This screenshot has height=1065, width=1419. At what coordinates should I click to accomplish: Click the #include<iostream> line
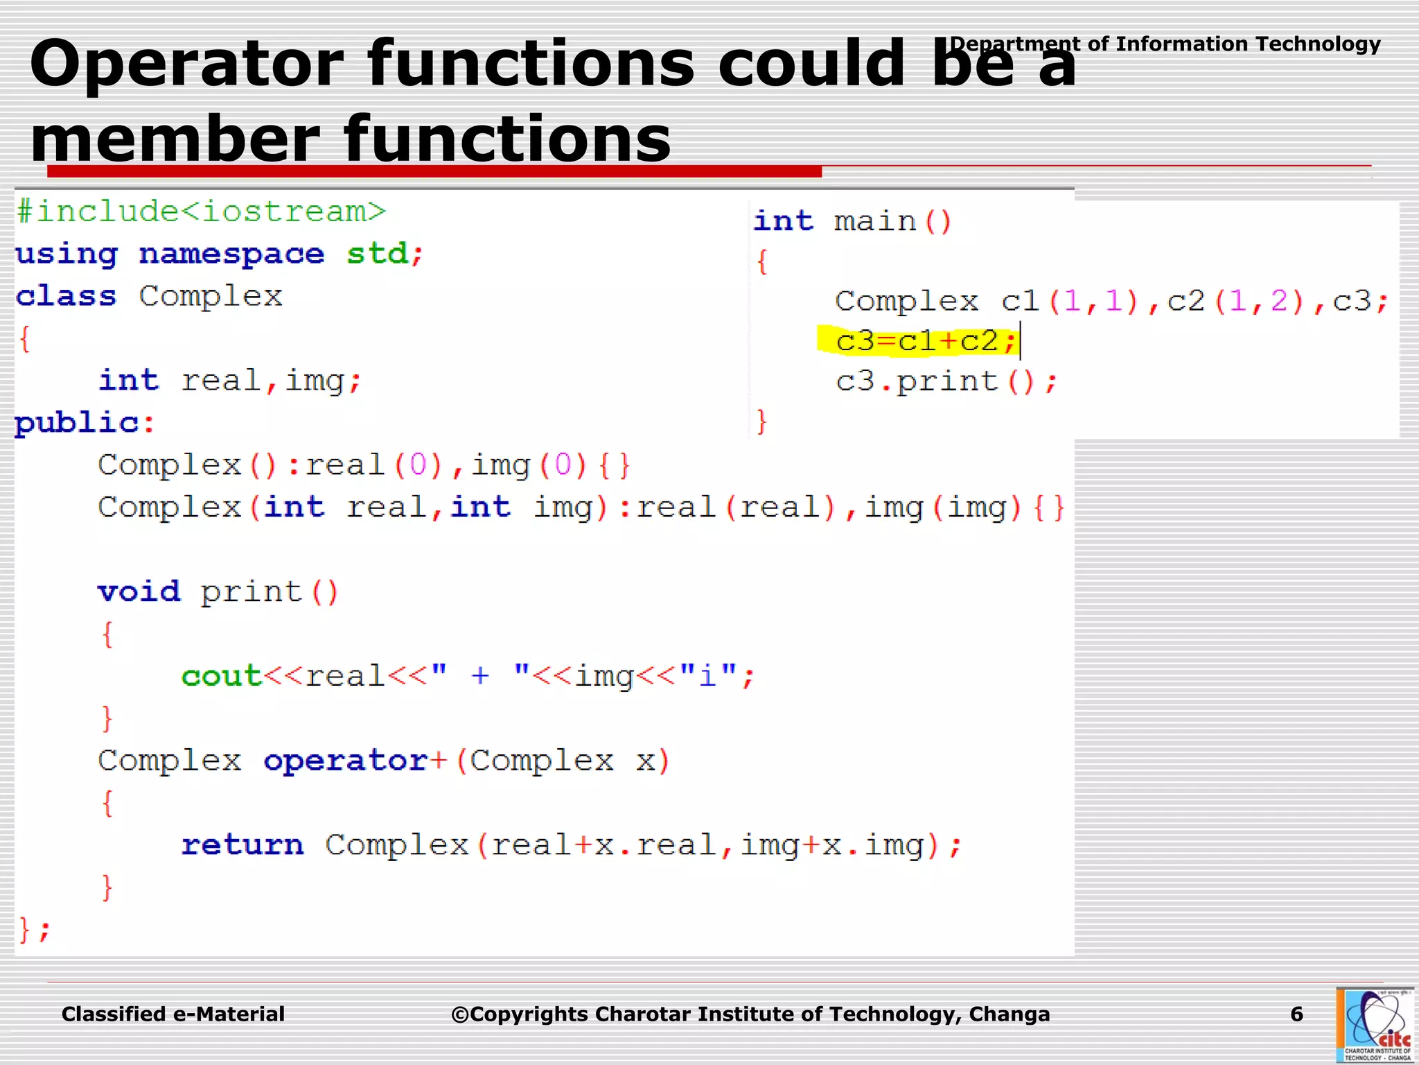tap(201, 211)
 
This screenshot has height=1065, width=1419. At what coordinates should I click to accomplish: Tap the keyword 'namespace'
tap(231, 254)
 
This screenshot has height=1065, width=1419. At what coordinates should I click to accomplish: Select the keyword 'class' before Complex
tap(66, 296)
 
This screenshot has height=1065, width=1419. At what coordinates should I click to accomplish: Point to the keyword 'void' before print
tap(139, 591)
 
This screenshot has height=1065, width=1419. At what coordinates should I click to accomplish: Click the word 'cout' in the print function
tap(221, 675)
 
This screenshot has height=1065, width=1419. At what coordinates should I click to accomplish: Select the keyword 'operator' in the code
tap(346, 761)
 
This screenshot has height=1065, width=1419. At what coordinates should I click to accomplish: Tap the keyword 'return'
tap(242, 845)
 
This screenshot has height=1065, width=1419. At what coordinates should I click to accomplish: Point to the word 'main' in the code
tap(874, 222)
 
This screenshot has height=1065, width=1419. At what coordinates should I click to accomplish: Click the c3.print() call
tap(946, 381)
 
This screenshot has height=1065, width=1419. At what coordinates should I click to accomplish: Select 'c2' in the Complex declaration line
tap(1186, 301)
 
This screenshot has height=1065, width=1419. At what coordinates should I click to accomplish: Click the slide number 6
tap(1296, 1014)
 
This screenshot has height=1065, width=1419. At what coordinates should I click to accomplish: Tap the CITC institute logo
tap(1375, 1025)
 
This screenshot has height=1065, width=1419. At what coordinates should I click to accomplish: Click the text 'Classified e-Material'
tap(173, 1014)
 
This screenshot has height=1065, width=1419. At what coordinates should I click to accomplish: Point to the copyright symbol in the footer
tap(459, 1015)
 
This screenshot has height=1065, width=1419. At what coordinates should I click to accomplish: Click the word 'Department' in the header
tap(1014, 44)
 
